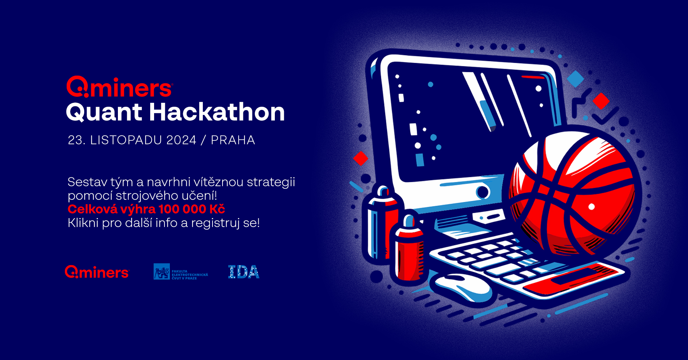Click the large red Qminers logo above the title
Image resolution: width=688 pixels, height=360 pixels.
pyautogui.click(x=120, y=87)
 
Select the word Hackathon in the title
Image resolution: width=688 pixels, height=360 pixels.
pyautogui.click(x=217, y=112)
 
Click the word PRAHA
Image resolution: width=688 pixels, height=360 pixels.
pyautogui.click(x=233, y=140)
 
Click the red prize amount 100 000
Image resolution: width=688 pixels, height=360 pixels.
pyautogui.click(x=182, y=209)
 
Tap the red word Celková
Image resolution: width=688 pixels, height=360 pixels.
pyautogui.click(x=92, y=209)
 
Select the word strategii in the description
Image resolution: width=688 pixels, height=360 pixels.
pyautogui.click(x=271, y=183)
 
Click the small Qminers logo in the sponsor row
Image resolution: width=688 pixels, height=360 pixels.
pyautogui.click(x=97, y=272)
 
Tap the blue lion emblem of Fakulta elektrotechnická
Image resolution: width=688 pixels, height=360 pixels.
pyautogui.click(x=162, y=272)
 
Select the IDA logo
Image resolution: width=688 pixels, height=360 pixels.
pyautogui.click(x=244, y=272)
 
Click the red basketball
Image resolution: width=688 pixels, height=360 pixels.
pyautogui.click(x=572, y=193)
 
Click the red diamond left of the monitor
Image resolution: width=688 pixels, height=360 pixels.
pyautogui.click(x=360, y=158)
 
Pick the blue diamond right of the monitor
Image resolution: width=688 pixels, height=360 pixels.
pyautogui.click(x=575, y=79)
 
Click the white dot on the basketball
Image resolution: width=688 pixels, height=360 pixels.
pyautogui.click(x=592, y=207)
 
